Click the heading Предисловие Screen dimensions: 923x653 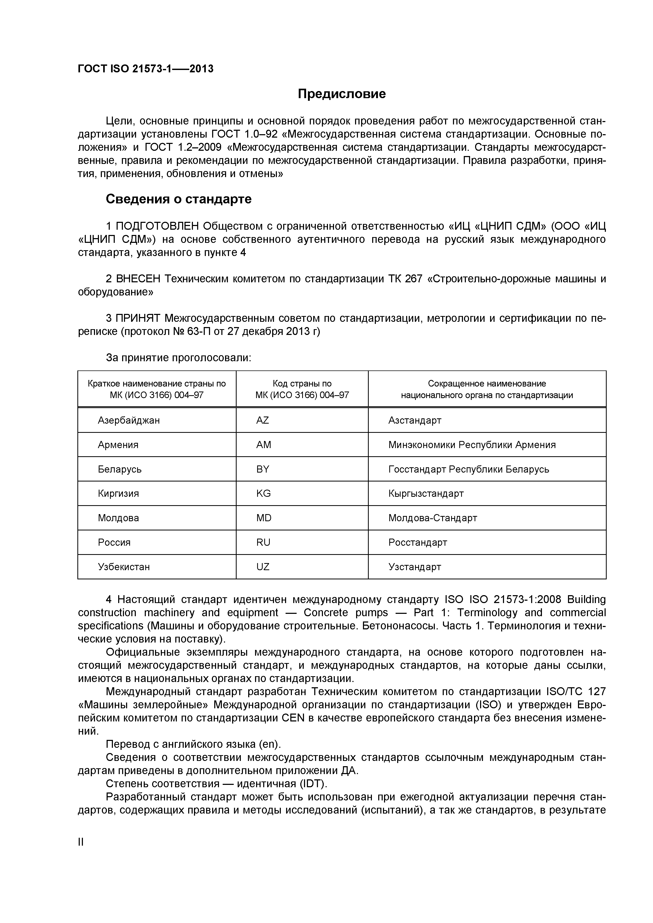point(341,94)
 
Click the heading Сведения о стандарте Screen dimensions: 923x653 point(178,199)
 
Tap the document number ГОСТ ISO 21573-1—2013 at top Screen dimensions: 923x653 point(145,69)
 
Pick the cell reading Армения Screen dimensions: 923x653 point(118,445)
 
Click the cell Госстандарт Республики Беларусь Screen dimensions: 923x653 point(468,469)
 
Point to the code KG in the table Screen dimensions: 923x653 point(263,493)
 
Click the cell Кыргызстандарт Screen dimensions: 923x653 point(426,493)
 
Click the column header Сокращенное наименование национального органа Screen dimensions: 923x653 point(487,389)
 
